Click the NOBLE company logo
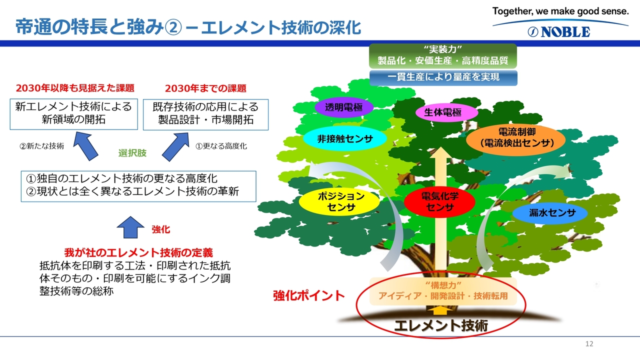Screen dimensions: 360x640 click(x=559, y=32)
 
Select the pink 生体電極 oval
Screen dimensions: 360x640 click(x=442, y=113)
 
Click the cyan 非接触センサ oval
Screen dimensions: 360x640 click(x=345, y=139)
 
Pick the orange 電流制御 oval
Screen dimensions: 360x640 click(x=516, y=138)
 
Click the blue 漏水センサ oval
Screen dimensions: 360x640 click(x=552, y=213)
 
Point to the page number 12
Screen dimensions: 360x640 click(x=588, y=344)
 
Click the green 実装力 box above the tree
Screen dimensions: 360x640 click(x=442, y=56)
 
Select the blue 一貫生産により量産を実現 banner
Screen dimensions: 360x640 click(x=443, y=77)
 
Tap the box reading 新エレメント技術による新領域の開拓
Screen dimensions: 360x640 click(x=73, y=113)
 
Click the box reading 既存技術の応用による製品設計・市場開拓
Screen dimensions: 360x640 click(x=205, y=113)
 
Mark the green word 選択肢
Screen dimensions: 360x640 click(x=132, y=153)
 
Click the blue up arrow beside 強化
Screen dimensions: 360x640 click(x=130, y=228)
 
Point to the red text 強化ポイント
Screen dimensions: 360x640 click(x=308, y=295)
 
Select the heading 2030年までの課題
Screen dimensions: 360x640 click(x=205, y=88)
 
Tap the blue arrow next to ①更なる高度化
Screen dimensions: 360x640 click(x=175, y=146)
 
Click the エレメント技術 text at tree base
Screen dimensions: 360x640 click(x=440, y=326)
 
